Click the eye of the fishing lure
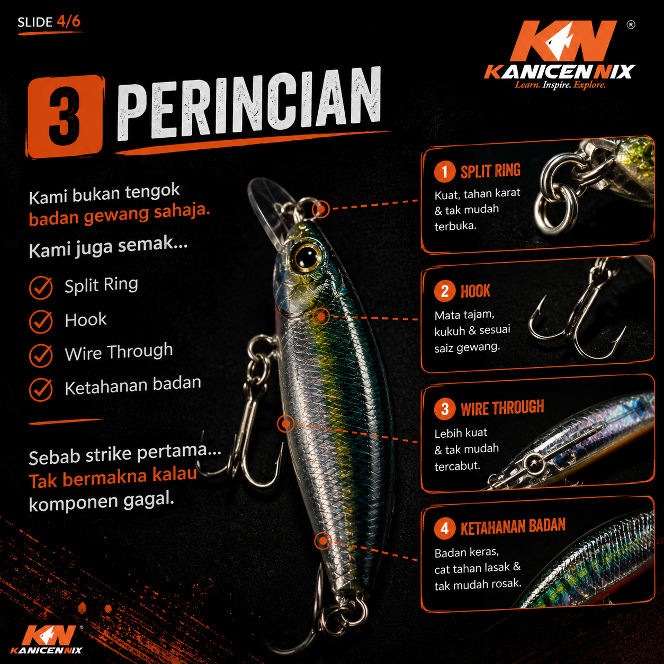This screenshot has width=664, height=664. click(x=306, y=256)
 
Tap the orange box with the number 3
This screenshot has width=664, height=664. click(x=65, y=116)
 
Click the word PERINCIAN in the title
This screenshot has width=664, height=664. click(x=249, y=103)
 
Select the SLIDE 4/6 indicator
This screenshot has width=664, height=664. click(x=49, y=22)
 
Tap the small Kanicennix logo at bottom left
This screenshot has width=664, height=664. click(x=47, y=640)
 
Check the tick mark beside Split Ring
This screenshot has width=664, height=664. click(x=41, y=288)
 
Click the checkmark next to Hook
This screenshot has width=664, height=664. click(x=41, y=321)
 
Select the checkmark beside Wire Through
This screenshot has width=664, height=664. click(x=41, y=355)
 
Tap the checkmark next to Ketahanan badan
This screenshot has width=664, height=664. click(x=41, y=389)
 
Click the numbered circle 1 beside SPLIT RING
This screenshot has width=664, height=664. click(x=445, y=171)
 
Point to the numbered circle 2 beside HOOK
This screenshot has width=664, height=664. click(x=445, y=291)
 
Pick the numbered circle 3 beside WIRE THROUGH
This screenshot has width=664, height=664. click(x=445, y=409)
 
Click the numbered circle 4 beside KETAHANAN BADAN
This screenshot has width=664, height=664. click(x=445, y=528)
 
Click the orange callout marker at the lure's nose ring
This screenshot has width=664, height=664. click(x=321, y=209)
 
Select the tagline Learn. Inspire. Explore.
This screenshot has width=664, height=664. click(x=560, y=85)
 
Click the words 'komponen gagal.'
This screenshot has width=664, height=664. click(x=101, y=502)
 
